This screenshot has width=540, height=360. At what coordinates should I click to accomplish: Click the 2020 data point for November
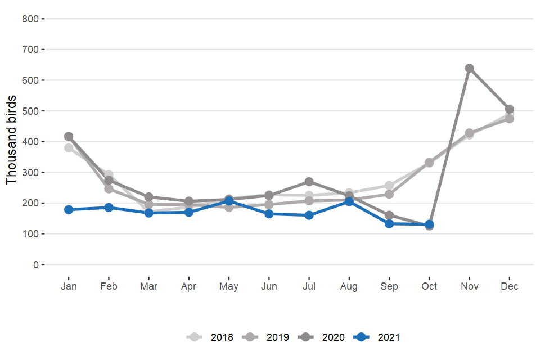[x=469, y=69]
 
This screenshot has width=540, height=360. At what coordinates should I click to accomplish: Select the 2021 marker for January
[x=69, y=210]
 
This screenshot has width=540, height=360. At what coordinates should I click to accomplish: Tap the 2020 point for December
[x=509, y=109]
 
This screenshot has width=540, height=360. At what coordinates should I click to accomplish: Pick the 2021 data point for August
[x=349, y=201]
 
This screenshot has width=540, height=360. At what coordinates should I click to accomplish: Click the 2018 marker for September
[x=389, y=186]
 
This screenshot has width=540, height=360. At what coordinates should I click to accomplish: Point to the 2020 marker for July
[x=309, y=182]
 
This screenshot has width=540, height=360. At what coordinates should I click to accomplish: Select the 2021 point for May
[x=229, y=201]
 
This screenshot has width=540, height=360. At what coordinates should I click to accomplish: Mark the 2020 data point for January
[x=69, y=136]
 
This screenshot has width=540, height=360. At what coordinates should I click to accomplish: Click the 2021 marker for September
[x=389, y=223]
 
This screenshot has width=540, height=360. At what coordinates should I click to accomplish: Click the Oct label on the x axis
[x=429, y=286]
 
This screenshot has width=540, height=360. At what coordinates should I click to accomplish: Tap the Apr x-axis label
[x=189, y=286]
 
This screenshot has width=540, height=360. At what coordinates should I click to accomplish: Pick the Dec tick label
[x=509, y=286]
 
